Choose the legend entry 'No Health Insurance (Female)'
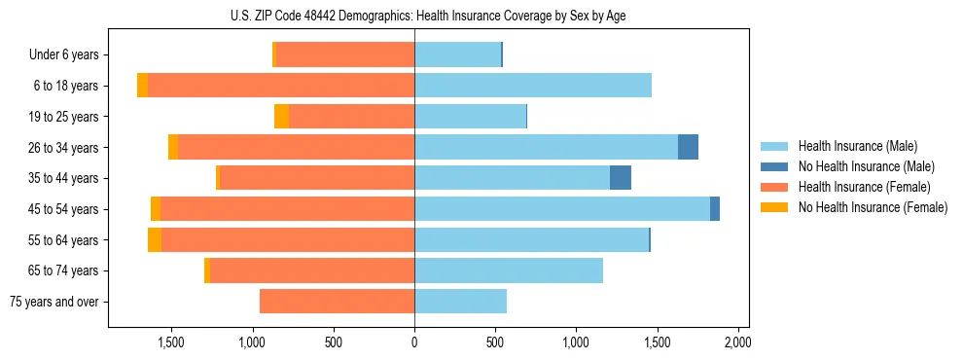point(873,207)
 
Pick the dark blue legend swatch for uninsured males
point(774,166)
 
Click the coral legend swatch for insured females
point(774,187)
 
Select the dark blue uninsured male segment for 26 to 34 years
point(688,147)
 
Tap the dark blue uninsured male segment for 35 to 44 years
point(621,178)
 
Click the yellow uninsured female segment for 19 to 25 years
point(281,117)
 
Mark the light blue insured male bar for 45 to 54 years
point(562,209)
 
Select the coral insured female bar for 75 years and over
point(337,302)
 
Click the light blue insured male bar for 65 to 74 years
point(509,270)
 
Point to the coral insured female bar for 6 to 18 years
point(281,86)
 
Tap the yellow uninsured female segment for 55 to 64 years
point(155,240)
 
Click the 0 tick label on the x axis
point(414,342)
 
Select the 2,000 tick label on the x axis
point(737,342)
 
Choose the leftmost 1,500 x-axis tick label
point(171,342)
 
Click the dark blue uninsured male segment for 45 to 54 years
point(715,209)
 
